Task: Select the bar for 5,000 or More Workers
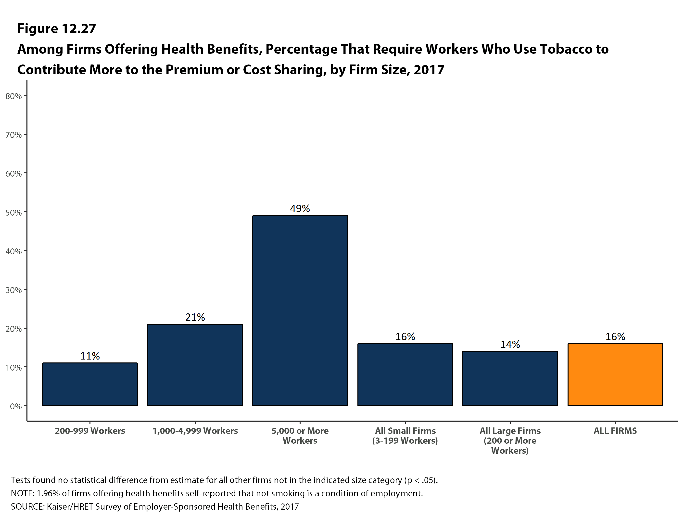(300, 310)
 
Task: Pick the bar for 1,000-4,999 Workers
(195, 365)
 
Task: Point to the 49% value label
(300, 208)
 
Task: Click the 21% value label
(195, 317)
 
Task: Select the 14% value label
(510, 344)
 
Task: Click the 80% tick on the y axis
(13, 96)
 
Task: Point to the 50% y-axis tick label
(13, 212)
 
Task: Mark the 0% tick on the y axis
(15, 406)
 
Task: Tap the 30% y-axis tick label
(13, 290)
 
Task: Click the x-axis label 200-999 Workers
(90, 431)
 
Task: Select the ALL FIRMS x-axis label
(615, 431)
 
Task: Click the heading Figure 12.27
(57, 29)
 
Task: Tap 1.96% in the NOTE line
(48, 493)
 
